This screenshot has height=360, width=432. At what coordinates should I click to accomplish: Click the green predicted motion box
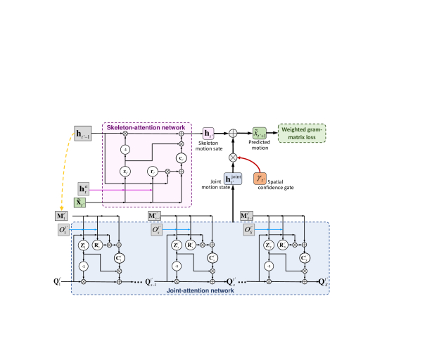pyautogui.click(x=260, y=132)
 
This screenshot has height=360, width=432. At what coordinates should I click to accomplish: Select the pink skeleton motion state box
pyautogui.click(x=209, y=132)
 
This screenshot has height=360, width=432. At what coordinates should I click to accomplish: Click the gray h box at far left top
pyautogui.click(x=84, y=132)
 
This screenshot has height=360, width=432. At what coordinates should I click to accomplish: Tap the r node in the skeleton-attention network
pyautogui.click(x=153, y=171)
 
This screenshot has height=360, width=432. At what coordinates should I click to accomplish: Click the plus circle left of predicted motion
pyautogui.click(x=232, y=132)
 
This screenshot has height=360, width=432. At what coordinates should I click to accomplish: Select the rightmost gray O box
pyautogui.click(x=248, y=229)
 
